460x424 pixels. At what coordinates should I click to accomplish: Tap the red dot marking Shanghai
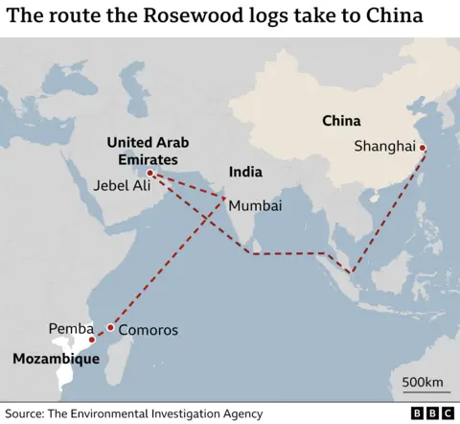423,148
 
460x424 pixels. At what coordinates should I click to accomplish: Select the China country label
341,121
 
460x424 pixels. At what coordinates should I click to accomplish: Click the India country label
244,173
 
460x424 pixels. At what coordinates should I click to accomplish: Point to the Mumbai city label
254,204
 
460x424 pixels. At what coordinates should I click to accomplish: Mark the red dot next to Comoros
110,328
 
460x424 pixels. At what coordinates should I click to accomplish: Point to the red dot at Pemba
92,339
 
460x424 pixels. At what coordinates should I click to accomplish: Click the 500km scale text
423,383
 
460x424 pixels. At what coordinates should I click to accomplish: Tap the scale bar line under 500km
423,394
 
